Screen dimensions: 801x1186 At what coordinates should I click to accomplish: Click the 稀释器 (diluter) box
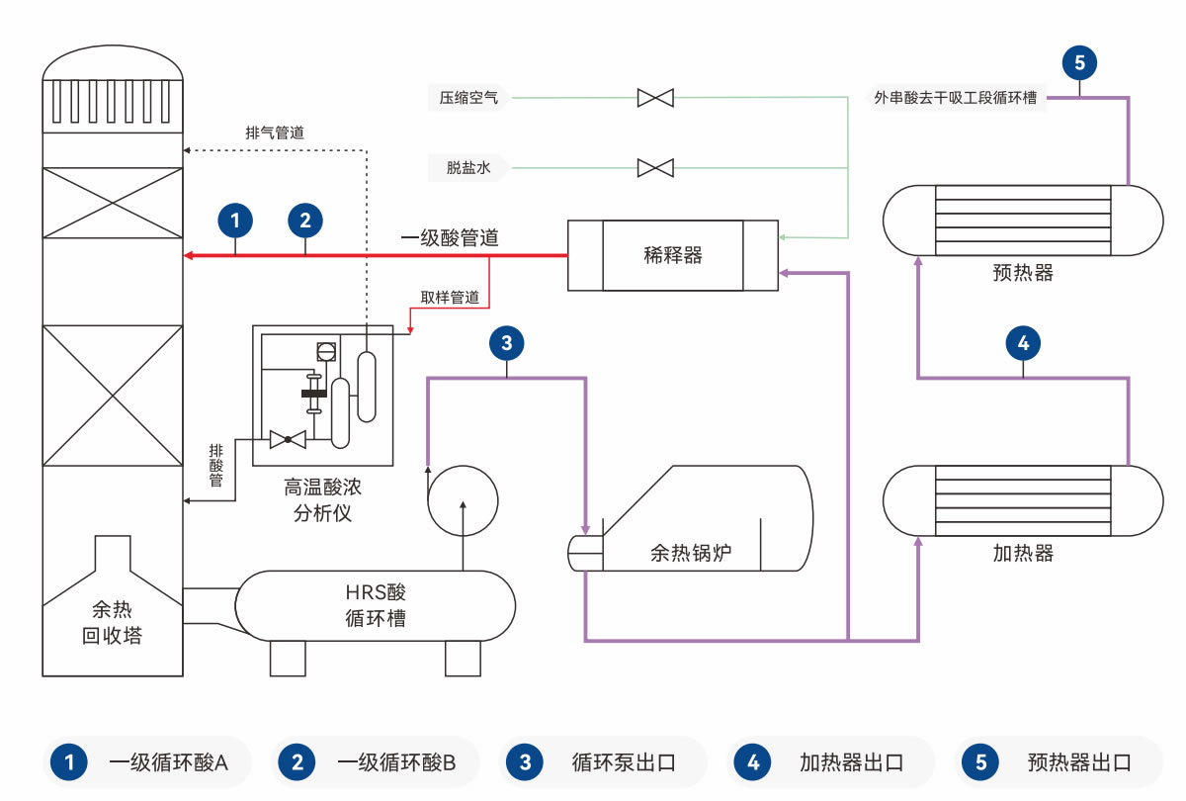[x=672, y=255]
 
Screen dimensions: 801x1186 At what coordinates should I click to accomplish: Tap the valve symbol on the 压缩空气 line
[x=655, y=97]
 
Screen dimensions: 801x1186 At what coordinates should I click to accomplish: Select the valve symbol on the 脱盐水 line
[x=655, y=167]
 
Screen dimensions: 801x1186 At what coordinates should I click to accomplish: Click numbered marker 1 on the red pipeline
[x=235, y=220]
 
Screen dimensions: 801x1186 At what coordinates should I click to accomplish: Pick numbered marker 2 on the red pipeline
[x=305, y=220]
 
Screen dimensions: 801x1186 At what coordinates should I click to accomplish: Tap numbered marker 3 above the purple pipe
[x=507, y=343]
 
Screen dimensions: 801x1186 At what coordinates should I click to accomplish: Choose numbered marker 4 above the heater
[x=1023, y=343]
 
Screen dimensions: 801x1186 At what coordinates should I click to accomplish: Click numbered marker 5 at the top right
[x=1079, y=63]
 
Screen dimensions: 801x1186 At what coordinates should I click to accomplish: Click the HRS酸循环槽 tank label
[x=376, y=606]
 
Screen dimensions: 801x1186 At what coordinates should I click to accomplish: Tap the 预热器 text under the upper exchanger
[x=1023, y=273]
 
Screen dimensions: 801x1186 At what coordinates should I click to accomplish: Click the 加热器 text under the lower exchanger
[x=1023, y=553]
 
